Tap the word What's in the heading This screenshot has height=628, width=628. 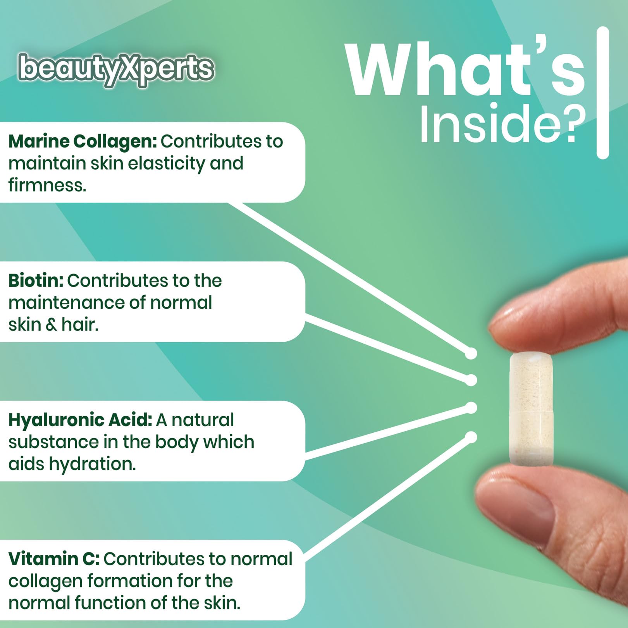coord(465,70)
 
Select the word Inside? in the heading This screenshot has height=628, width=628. coord(502,123)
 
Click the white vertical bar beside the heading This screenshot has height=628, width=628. coord(603,93)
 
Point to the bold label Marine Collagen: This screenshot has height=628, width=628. coord(83,142)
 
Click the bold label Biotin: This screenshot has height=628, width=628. coord(36,280)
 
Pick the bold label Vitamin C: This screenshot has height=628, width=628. coord(54,559)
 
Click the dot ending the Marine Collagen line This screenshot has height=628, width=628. coord(471,353)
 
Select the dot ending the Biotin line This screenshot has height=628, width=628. coord(471,380)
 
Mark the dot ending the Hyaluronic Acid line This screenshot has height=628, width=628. coord(471,408)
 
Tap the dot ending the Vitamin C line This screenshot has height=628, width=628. coord(471,437)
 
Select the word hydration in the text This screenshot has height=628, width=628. coord(92,464)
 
